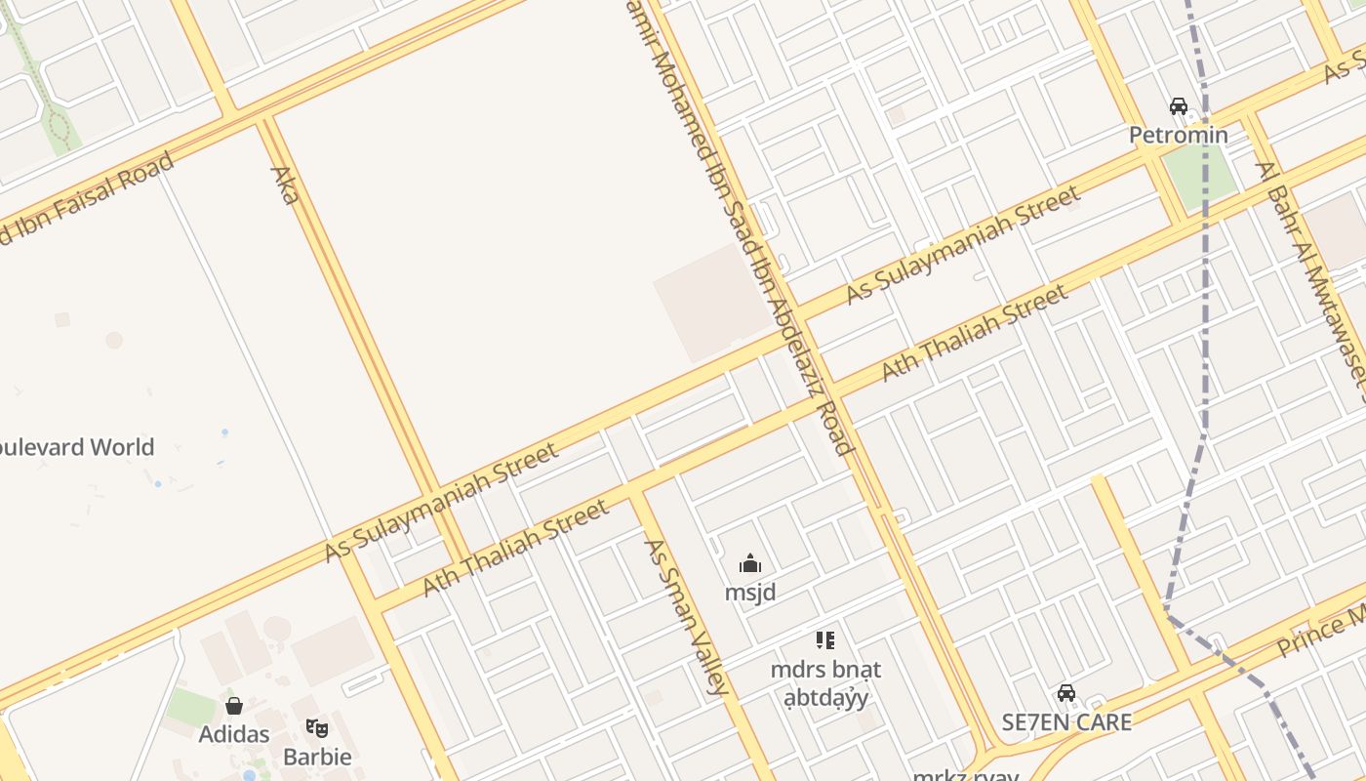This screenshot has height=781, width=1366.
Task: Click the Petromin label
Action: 1178,135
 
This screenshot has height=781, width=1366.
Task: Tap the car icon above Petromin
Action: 1178,106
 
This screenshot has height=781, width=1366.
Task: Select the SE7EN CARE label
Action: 1066,722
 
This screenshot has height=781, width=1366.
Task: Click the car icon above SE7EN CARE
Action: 1066,693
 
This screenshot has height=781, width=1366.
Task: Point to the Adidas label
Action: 234,733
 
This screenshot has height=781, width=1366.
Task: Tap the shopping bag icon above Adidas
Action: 234,705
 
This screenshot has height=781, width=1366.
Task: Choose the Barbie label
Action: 317,757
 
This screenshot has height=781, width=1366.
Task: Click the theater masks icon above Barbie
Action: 317,727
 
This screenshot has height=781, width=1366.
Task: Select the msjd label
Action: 750,593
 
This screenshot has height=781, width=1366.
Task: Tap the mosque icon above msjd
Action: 750,563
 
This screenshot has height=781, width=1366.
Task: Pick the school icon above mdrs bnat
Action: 825,640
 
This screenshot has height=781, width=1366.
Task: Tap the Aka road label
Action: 284,185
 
